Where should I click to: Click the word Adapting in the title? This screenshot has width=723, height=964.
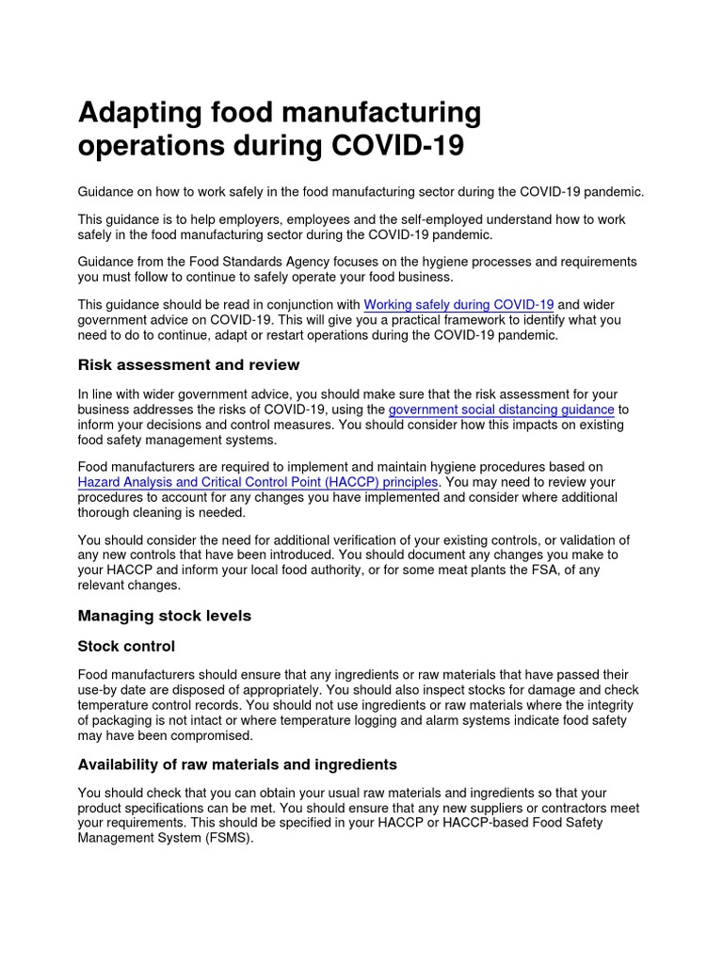(x=140, y=115)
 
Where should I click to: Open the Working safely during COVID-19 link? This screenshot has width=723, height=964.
(x=458, y=304)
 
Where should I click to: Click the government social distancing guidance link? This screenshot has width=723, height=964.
(x=501, y=410)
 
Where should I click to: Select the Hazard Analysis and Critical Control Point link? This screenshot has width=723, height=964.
(x=257, y=482)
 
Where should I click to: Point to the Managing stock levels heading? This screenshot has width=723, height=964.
(x=164, y=616)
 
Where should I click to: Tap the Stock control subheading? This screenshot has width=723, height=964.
(x=126, y=647)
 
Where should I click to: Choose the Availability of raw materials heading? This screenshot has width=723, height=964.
(x=236, y=763)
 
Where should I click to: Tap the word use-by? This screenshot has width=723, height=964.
(x=101, y=690)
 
